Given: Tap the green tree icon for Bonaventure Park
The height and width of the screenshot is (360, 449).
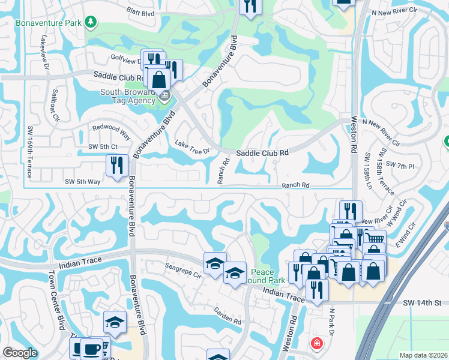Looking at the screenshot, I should (91, 23).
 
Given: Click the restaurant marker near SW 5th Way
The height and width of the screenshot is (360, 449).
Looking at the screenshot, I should (117, 165).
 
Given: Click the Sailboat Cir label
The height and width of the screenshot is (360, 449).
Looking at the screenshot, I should (55, 104).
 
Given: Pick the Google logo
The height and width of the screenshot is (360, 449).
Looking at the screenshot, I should (19, 353).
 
